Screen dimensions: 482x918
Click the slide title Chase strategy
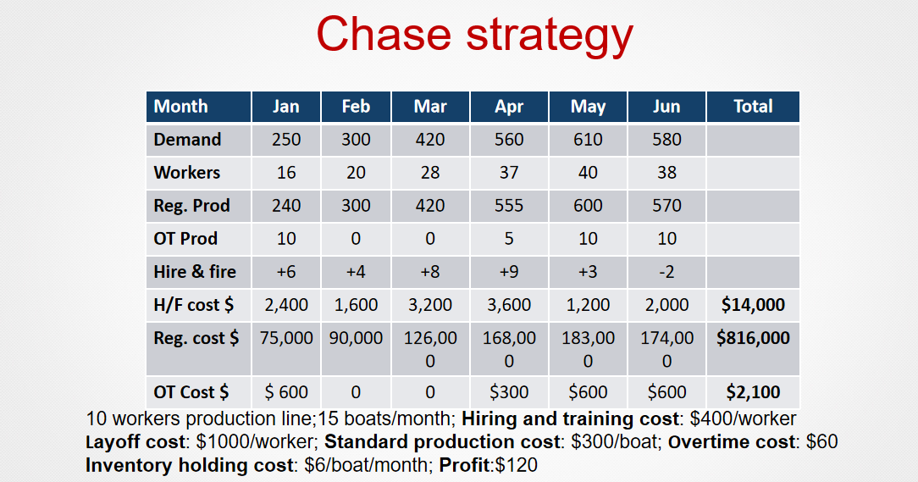pyautogui.click(x=474, y=34)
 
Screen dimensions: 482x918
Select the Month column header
pyautogui.click(x=180, y=107)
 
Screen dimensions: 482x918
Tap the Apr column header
pyautogui.click(x=509, y=107)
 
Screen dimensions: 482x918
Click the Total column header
pyautogui.click(x=753, y=107)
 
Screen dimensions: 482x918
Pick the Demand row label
pyautogui.click(x=187, y=140)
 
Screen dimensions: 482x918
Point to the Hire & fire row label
pyautogui.click(x=195, y=272)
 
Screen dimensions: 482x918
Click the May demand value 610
pyautogui.click(x=588, y=140)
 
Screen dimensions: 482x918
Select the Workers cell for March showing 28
pyautogui.click(x=430, y=173)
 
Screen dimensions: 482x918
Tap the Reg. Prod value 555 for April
pyautogui.click(x=509, y=206)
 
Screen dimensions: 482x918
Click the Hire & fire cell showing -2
pyautogui.click(x=666, y=272)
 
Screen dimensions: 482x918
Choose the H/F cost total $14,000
pyautogui.click(x=753, y=305)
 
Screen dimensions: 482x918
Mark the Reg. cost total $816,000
pyautogui.click(x=753, y=338)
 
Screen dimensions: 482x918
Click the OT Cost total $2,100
pyautogui.click(x=753, y=392)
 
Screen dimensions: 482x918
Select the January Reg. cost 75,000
pyautogui.click(x=286, y=338)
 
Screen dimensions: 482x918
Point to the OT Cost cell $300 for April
pyautogui.click(x=509, y=392)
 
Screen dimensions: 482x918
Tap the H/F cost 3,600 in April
pyautogui.click(x=509, y=305)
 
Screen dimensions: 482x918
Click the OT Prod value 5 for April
pyautogui.click(x=509, y=239)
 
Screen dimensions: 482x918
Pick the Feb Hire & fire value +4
pyautogui.click(x=356, y=272)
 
